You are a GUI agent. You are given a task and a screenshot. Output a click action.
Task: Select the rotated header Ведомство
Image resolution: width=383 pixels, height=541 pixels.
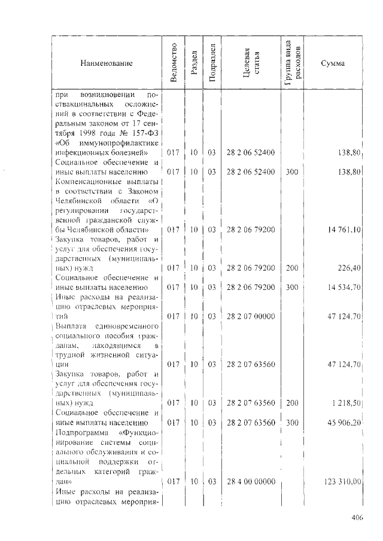click(x=174, y=62)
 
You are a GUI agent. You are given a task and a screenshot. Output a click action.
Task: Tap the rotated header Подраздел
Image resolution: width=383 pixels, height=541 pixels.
click(x=211, y=62)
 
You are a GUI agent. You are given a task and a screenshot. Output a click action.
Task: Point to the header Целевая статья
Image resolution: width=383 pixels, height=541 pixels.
click(x=251, y=62)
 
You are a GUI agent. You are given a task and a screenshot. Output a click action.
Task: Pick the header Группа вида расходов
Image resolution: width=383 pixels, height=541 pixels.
click(x=294, y=62)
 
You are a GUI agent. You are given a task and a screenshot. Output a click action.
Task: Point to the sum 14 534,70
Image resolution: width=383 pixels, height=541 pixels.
click(x=343, y=287)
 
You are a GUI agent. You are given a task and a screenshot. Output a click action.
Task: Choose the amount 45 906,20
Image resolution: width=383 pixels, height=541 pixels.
click(x=343, y=423)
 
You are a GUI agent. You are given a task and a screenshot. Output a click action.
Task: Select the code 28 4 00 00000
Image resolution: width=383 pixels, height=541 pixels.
click(x=251, y=481)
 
